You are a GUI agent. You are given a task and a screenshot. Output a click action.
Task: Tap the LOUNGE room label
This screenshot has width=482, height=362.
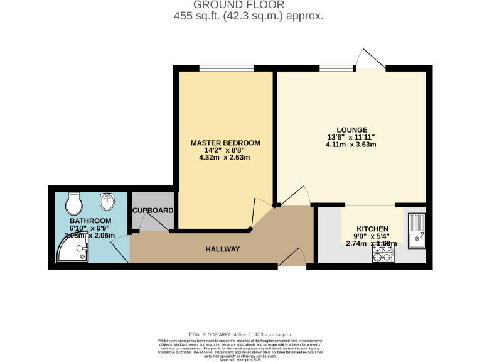tap(351, 129)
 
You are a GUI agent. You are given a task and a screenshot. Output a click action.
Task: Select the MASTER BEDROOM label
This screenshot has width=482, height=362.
tap(225, 143)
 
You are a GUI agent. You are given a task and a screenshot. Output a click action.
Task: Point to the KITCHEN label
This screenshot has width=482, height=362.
tap(373, 229)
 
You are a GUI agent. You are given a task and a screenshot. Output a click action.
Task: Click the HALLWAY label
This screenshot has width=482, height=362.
tap(223, 250)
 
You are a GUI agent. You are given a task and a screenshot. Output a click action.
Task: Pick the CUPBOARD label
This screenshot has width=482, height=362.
tap(153, 211)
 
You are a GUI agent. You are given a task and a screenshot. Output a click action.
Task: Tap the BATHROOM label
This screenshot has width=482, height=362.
tap(90, 221)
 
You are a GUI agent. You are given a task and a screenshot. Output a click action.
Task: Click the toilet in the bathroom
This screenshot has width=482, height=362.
tap(74, 203)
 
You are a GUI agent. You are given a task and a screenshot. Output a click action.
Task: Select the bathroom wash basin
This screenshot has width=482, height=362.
tap(107, 201)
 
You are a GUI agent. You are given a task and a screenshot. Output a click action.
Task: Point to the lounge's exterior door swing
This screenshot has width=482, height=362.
tap(370, 59)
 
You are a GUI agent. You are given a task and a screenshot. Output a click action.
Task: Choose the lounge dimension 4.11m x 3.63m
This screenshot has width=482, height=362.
tap(351, 145)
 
